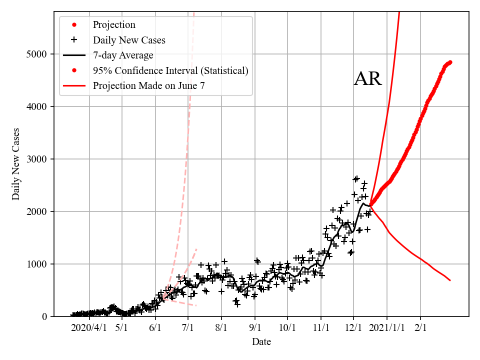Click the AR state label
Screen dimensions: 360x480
(x=367, y=79)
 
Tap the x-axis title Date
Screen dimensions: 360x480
(x=261, y=342)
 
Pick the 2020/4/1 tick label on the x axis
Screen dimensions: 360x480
(x=89, y=328)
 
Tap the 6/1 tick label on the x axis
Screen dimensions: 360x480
(x=155, y=328)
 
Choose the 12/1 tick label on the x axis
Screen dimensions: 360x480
(x=353, y=328)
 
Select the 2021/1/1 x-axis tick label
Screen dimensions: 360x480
(x=386, y=328)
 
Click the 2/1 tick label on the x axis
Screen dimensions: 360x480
(x=420, y=328)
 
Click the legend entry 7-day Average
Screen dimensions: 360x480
(x=123, y=55)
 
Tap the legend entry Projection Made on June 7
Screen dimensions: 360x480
(x=148, y=86)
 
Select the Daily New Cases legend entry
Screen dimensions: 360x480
(x=129, y=39)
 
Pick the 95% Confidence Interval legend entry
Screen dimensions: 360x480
(x=170, y=70)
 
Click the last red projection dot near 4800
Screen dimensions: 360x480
(x=450, y=62)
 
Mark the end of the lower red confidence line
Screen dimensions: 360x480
(x=450, y=280)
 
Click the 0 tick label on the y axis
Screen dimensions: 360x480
(x=44, y=316)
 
